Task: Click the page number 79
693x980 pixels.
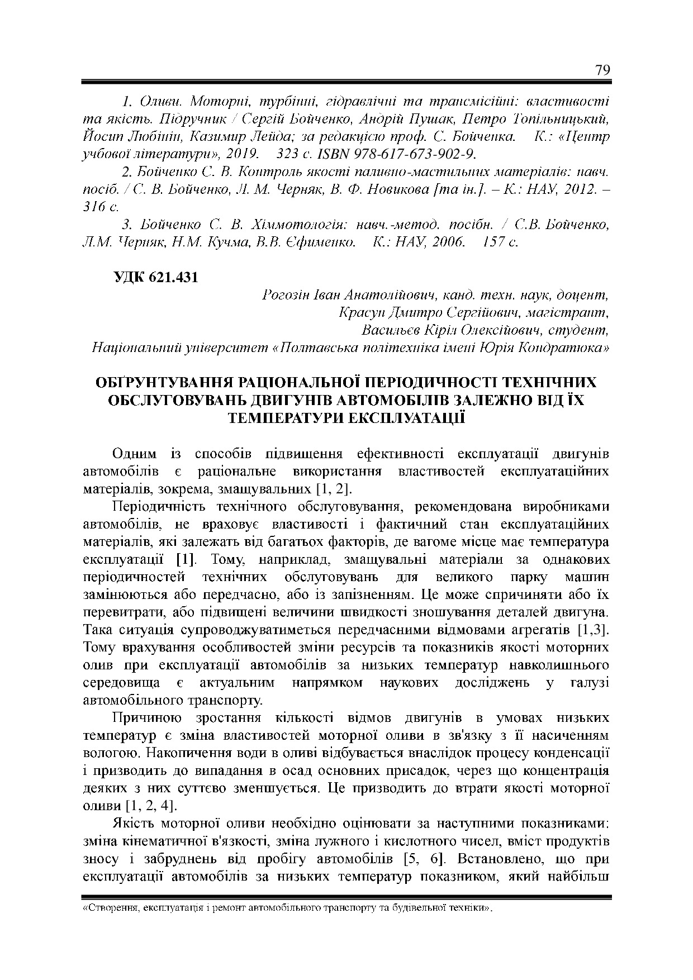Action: pyautogui.click(x=602, y=70)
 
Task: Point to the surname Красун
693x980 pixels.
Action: pyautogui.click(x=360, y=312)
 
